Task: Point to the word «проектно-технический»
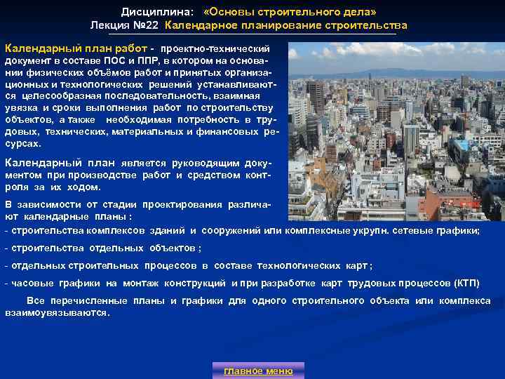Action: [x=215, y=50]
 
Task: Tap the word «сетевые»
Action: [x=425, y=230]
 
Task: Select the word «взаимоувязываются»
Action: [x=57, y=312]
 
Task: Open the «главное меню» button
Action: [x=258, y=371]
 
